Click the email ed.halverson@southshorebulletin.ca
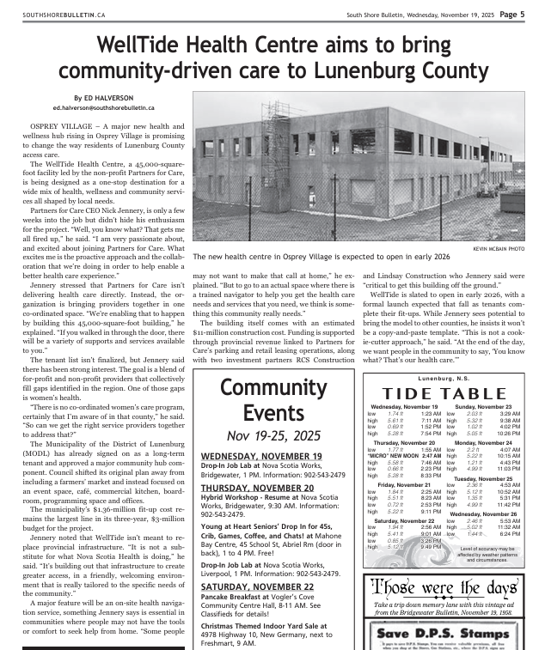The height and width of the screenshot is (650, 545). (103, 108)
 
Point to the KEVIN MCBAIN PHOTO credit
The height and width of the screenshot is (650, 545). (498, 248)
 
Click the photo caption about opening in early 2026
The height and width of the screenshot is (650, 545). (321, 257)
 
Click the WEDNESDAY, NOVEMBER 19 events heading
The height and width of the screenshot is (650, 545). (261, 456)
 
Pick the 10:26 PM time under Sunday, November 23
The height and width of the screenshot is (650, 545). (508, 434)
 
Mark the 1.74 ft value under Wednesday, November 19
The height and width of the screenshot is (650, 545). (395, 414)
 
